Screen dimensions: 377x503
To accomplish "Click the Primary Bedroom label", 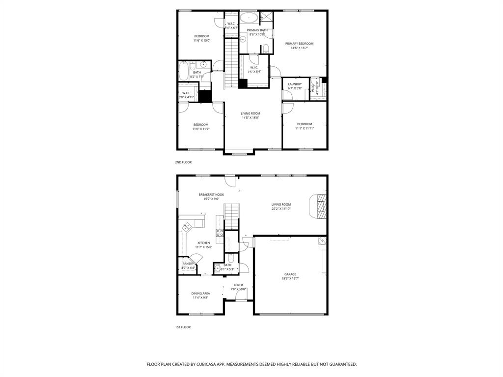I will [x=299, y=44].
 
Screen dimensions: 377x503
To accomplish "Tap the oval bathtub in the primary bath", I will [x=249, y=18].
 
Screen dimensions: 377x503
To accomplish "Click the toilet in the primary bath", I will [x=266, y=48].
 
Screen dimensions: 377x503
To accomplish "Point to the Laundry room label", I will [x=295, y=84].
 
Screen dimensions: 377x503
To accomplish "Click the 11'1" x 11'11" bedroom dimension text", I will [x=304, y=128].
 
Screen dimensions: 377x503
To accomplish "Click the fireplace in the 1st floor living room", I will [x=320, y=206].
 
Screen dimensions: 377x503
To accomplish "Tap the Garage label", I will [x=290, y=274].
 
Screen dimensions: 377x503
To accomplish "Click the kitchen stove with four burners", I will [x=220, y=233].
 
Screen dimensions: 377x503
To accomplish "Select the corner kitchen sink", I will [x=188, y=227].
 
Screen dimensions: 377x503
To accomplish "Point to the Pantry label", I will [x=188, y=264].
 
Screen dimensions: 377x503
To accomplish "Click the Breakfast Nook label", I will [x=211, y=195].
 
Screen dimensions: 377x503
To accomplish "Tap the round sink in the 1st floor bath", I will [x=217, y=268].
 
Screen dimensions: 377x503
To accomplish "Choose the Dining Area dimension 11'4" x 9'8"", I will [x=200, y=297].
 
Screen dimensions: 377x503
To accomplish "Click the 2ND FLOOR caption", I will [x=183, y=162].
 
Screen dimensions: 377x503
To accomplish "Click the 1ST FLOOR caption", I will [x=183, y=327].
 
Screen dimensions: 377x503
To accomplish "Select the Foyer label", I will [x=238, y=285].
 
